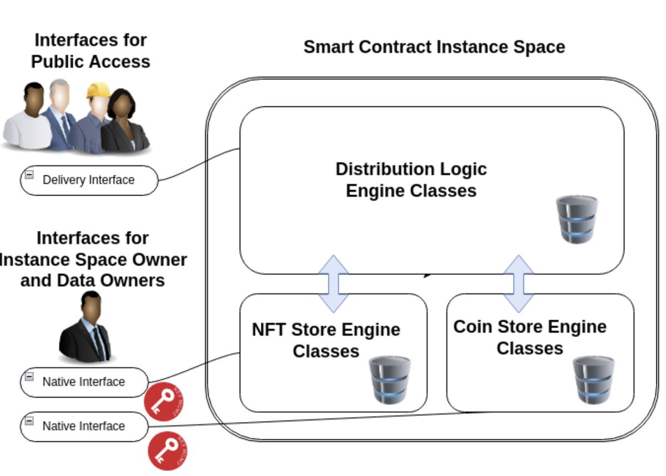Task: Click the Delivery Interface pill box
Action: point(89,180)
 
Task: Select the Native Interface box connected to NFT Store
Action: point(84,382)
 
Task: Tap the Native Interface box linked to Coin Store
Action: point(84,426)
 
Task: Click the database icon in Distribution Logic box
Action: point(577,219)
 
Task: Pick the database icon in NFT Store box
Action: point(390,379)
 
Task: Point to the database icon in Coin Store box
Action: point(593,379)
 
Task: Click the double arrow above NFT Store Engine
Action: point(333,283)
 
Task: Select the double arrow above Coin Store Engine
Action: point(518,283)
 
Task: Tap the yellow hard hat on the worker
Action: point(98,90)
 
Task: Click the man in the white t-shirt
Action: point(28,119)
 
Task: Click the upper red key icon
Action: point(164,401)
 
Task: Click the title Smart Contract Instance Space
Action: point(434,47)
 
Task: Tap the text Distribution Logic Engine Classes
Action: point(411,180)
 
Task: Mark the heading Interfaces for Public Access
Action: point(90,50)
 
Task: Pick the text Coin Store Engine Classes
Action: point(529,337)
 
